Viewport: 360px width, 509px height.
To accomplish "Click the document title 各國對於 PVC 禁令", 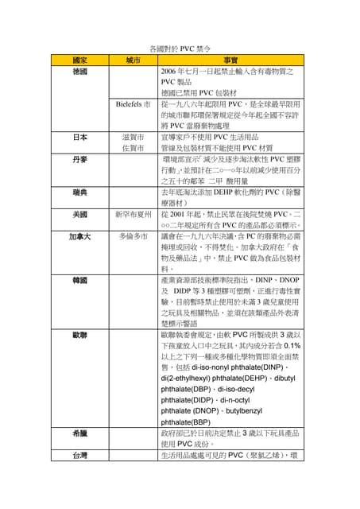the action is [x=180, y=49].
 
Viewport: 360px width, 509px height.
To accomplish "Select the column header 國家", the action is [x=80, y=60].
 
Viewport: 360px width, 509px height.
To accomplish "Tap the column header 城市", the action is [x=133, y=60].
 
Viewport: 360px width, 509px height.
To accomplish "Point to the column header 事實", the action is [x=230, y=60].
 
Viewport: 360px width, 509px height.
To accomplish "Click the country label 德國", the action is [x=80, y=72].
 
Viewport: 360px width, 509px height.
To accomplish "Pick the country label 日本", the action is [x=80, y=137].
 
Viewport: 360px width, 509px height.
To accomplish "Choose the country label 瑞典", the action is [x=80, y=192].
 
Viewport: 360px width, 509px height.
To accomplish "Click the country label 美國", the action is [x=80, y=215].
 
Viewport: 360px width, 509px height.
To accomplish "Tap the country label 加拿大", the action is [x=80, y=237].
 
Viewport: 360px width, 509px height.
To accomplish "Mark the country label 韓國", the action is [x=80, y=281].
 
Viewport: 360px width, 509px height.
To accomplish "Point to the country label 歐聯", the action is [x=80, y=336].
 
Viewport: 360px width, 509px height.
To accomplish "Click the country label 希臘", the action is [x=80, y=433].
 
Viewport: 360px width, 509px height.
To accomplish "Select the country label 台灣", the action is [x=80, y=456].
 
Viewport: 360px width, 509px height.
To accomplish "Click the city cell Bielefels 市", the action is [x=133, y=104].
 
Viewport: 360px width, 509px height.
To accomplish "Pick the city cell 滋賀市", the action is [x=133, y=137].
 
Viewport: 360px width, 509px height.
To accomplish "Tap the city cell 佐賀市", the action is [x=133, y=148].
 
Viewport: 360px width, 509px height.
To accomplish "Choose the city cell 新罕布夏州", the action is [x=133, y=215].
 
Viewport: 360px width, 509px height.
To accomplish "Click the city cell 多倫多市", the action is [x=133, y=237].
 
